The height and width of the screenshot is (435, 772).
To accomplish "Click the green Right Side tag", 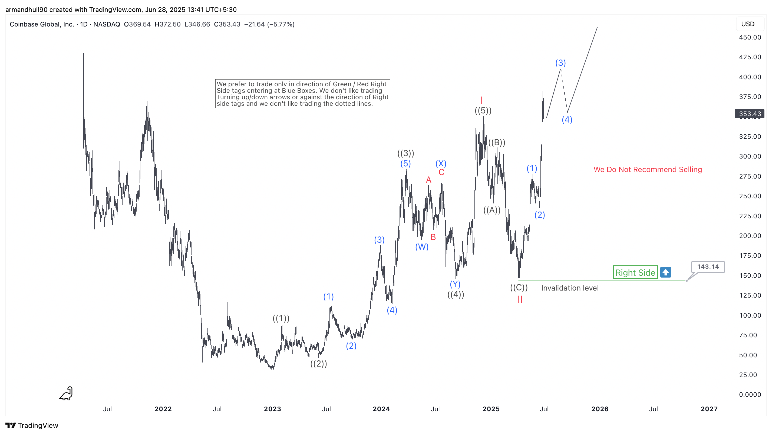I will [635, 272].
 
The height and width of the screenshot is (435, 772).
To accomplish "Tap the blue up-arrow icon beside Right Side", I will [665, 272].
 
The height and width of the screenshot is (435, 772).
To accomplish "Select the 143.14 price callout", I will [708, 266].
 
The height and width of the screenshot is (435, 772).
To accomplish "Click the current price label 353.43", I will [749, 114].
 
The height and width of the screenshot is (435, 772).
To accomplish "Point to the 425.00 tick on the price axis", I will [750, 57].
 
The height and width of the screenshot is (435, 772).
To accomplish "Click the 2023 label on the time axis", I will [272, 409].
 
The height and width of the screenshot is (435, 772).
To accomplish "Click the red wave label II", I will [520, 299].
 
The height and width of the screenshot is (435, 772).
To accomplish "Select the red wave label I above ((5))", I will [481, 100].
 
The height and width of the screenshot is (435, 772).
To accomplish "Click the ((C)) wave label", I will [519, 288].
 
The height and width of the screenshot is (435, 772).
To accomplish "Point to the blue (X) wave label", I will [441, 163].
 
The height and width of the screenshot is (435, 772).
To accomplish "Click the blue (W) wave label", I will [422, 247].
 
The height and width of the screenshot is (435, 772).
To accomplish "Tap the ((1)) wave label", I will [281, 318].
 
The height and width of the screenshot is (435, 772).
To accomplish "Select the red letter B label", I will [433, 237].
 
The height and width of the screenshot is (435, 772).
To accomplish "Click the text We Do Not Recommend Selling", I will [647, 169].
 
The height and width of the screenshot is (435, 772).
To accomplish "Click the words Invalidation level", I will [570, 288].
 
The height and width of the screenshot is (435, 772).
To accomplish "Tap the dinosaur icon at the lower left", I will [66, 394].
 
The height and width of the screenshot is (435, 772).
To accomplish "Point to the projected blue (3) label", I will [560, 63].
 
